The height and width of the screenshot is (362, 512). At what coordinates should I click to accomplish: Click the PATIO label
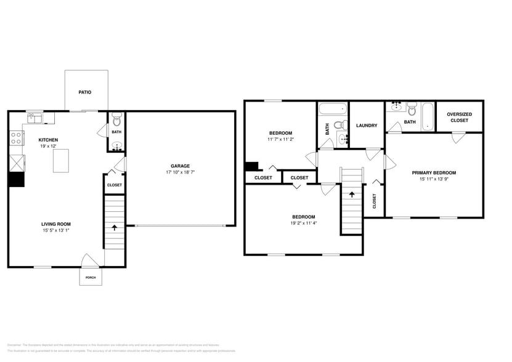click(x=85, y=92)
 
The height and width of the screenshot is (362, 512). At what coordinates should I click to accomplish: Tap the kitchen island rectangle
click(x=60, y=161)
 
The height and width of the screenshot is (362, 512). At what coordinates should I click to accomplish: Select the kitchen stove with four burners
click(x=16, y=138)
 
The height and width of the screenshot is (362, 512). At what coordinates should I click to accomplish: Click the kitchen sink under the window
click(x=34, y=117)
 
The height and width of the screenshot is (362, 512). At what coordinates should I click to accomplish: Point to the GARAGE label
click(x=180, y=165)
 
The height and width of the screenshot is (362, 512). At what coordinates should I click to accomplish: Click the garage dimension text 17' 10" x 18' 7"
click(x=180, y=172)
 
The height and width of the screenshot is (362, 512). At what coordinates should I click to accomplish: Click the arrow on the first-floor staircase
click(x=114, y=227)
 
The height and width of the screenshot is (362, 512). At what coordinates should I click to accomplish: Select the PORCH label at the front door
click(x=91, y=278)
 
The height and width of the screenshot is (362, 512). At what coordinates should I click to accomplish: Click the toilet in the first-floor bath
click(x=117, y=120)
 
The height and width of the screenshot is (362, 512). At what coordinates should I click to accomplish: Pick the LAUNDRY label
click(x=367, y=126)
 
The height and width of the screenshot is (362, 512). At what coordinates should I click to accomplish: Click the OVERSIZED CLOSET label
click(x=459, y=117)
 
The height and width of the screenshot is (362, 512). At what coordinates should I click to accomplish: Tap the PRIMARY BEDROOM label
click(x=434, y=173)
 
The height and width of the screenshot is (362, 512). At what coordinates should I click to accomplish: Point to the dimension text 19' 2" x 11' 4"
click(x=304, y=224)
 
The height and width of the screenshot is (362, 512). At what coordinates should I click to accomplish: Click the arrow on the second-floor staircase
click(x=352, y=194)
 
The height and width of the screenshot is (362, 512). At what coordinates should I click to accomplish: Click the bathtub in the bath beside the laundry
click(x=332, y=111)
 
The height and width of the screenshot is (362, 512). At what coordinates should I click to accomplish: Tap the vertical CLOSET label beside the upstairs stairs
click(x=374, y=201)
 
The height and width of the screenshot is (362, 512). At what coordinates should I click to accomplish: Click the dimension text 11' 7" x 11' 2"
click(x=280, y=140)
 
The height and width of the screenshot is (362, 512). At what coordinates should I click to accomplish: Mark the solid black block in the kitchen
click(x=16, y=179)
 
